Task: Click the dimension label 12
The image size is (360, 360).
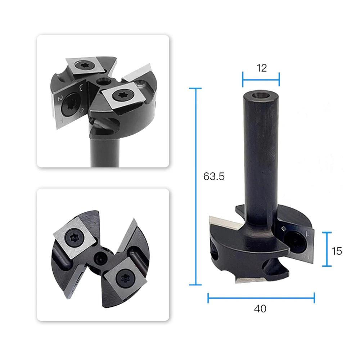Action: pyautogui.click(x=261, y=68)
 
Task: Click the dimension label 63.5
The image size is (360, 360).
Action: pyautogui.click(x=214, y=176)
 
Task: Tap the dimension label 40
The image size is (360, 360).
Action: pyautogui.click(x=260, y=309)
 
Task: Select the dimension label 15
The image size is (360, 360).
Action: pyautogui.click(x=337, y=251)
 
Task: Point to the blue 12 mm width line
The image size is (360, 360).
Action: pyautogui.click(x=261, y=80)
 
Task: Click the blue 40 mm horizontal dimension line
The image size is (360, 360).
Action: pyautogui.click(x=261, y=298)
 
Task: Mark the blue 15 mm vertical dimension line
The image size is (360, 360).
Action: pyautogui.click(x=327, y=249)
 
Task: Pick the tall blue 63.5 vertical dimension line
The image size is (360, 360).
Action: pyautogui.click(x=195, y=186)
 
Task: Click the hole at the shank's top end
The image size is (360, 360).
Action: pyautogui.click(x=261, y=95)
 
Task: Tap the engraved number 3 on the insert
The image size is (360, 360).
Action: pyautogui.click(x=81, y=87)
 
